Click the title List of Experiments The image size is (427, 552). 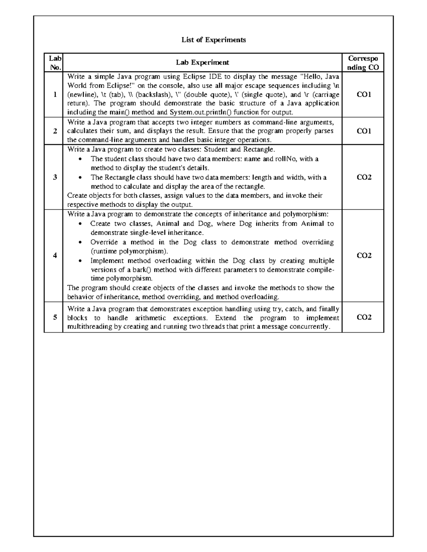pyautogui.click(x=213, y=40)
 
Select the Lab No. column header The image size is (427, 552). pyautogui.click(x=55, y=63)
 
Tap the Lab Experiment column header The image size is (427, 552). pyautogui.click(x=202, y=63)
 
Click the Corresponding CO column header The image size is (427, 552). pyautogui.click(x=363, y=63)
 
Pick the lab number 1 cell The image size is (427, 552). pyautogui.click(x=55, y=95)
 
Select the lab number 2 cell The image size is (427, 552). pyautogui.click(x=55, y=131)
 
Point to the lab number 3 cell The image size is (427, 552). pyautogui.click(x=55, y=177)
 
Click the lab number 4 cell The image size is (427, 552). pyautogui.click(x=55, y=255)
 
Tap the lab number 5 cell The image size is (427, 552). pyautogui.click(x=55, y=317)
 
